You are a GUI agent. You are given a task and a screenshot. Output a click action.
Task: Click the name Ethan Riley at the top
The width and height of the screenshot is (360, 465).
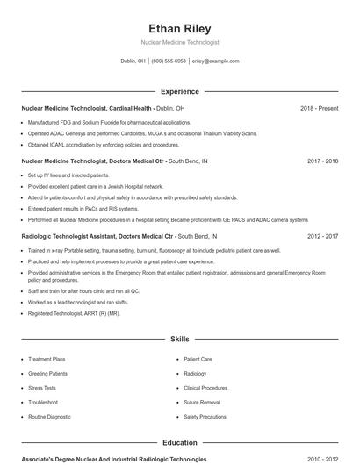179,28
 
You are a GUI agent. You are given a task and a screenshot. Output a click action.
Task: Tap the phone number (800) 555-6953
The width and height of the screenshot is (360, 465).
169,61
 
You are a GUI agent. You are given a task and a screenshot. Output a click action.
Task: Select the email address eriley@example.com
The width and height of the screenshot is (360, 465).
215,61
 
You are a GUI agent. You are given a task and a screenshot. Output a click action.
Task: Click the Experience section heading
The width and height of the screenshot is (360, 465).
179,91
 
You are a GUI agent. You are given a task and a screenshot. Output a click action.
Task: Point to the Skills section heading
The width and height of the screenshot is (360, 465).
179,338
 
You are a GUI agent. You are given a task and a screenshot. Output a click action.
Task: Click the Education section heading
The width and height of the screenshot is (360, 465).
179,443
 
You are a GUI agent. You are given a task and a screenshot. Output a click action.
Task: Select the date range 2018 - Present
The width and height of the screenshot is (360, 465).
319,108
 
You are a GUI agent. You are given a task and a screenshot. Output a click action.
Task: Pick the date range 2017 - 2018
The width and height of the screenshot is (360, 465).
323,161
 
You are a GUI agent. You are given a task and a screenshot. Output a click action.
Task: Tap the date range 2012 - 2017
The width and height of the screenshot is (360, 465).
323,237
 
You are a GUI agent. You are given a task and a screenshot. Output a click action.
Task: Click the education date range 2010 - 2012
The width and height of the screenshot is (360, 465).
323,459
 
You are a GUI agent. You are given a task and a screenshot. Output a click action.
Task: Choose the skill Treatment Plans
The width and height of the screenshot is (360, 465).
47,359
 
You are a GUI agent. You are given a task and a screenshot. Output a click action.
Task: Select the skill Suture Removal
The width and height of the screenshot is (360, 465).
202,402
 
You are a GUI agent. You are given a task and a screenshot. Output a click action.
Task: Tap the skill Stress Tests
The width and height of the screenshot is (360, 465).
41,387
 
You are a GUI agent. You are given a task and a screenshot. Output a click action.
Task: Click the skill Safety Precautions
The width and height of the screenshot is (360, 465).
206,416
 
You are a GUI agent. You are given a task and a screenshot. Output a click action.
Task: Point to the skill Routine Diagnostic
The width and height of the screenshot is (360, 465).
49,416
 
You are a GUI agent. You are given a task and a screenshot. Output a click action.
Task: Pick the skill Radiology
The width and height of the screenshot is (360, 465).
195,373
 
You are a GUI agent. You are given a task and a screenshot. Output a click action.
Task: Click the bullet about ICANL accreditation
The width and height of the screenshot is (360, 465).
104,145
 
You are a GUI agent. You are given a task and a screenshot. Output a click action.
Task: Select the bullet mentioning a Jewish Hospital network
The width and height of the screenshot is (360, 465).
96,186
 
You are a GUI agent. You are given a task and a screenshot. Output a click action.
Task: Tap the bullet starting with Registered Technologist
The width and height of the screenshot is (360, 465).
74,313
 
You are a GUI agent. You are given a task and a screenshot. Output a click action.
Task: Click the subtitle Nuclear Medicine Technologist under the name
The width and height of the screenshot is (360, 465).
179,42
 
